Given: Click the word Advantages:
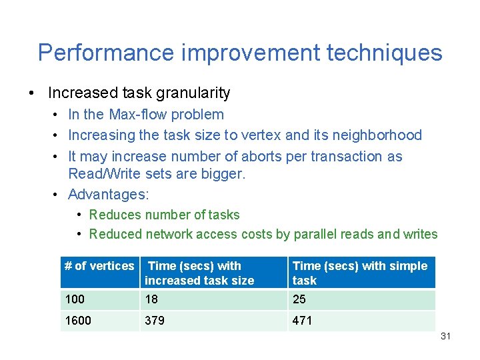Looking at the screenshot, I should coord(109,195).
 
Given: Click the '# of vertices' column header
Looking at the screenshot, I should coord(99,267).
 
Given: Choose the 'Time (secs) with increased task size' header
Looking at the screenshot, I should coord(199,273).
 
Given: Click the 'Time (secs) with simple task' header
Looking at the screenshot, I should coord(359,273).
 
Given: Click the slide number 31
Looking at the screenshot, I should coord(445,337).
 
